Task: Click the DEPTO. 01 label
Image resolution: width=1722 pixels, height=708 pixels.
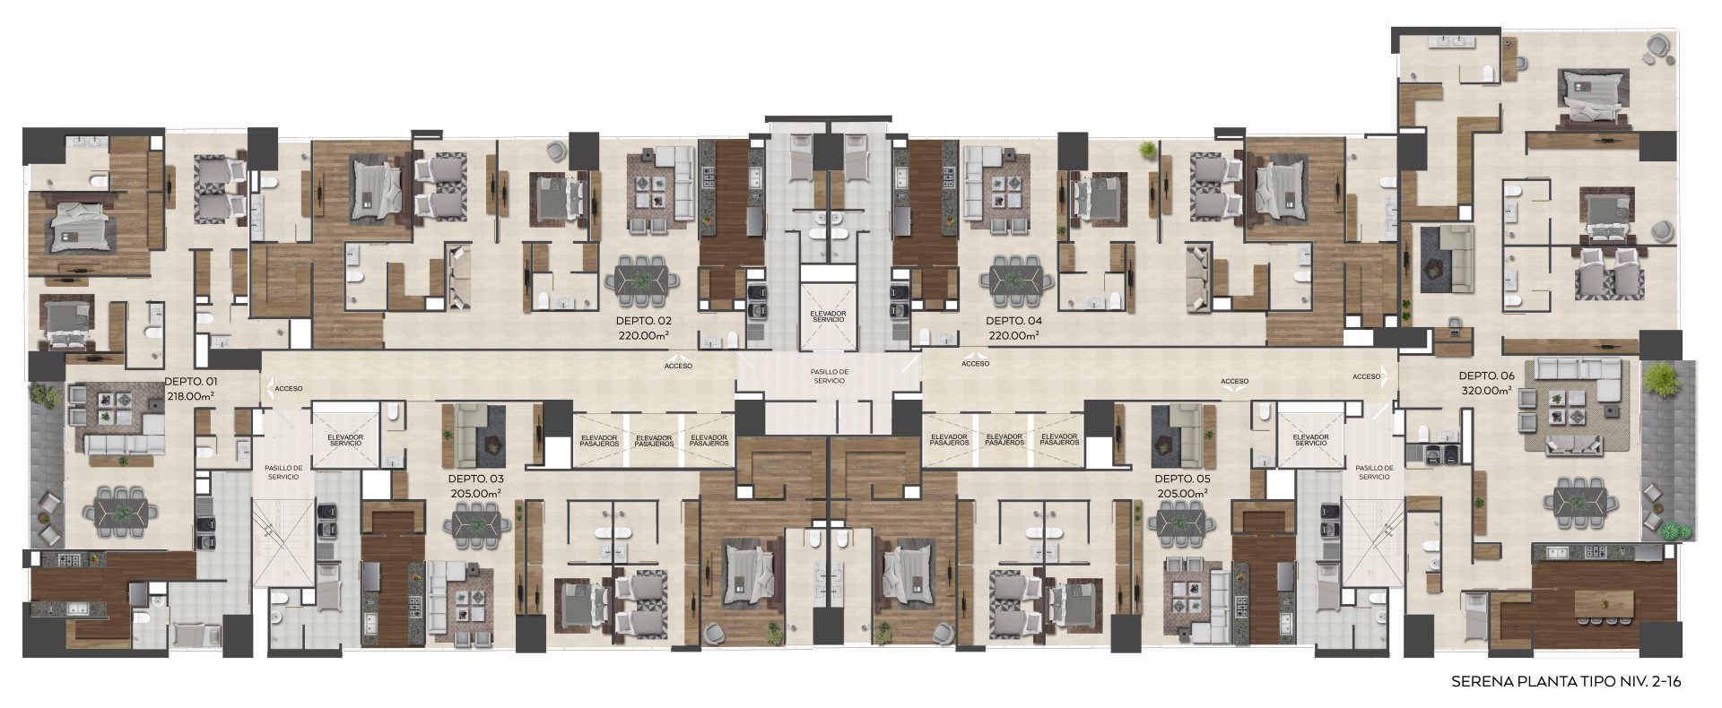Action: (x=190, y=381)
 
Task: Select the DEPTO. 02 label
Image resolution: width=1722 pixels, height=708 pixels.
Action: (x=644, y=321)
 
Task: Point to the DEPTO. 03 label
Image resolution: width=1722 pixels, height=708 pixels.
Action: (x=475, y=479)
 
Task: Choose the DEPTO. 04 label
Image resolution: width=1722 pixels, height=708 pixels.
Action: (x=1013, y=321)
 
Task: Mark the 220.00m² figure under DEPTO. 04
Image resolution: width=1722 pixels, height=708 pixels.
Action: (x=1013, y=336)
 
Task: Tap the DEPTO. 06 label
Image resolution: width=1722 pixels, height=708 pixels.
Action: (x=1486, y=376)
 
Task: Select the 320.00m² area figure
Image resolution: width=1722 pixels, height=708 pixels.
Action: (x=1486, y=391)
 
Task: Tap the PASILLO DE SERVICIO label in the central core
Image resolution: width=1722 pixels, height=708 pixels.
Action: (x=828, y=376)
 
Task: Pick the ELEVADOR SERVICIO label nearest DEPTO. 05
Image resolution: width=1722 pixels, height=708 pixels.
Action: (x=1310, y=440)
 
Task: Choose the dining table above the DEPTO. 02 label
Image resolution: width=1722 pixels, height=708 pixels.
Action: (x=641, y=278)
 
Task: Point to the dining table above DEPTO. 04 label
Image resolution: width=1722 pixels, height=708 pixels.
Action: (x=1016, y=278)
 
